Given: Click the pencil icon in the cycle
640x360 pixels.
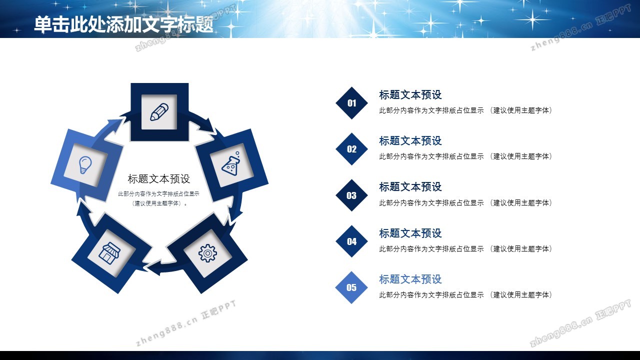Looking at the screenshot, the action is click(x=159, y=111).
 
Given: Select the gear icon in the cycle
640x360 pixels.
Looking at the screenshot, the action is click(x=207, y=253).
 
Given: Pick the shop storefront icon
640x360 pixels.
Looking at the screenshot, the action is click(x=109, y=252).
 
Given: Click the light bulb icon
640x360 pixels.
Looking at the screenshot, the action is click(x=85, y=165).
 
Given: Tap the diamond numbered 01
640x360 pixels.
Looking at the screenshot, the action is click(x=351, y=103).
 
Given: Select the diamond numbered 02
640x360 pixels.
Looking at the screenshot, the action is click(x=351, y=149).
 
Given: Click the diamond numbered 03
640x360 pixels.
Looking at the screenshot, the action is click(x=351, y=195).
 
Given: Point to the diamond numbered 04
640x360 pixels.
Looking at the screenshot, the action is click(x=351, y=241).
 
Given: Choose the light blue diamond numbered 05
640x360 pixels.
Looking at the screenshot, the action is click(x=351, y=287).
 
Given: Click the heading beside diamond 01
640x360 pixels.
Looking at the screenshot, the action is click(x=410, y=95).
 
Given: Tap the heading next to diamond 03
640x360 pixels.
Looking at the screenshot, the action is click(x=410, y=187).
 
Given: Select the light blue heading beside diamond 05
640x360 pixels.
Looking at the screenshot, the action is click(x=410, y=279).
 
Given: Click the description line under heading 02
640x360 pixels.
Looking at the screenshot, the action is click(x=465, y=156).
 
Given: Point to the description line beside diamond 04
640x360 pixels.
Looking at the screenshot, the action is click(x=465, y=249).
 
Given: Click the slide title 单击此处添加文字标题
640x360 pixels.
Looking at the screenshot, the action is click(x=123, y=24).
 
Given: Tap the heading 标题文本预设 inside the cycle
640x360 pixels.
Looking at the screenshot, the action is click(x=159, y=179).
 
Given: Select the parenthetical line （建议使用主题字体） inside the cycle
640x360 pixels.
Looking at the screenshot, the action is click(x=159, y=203).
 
